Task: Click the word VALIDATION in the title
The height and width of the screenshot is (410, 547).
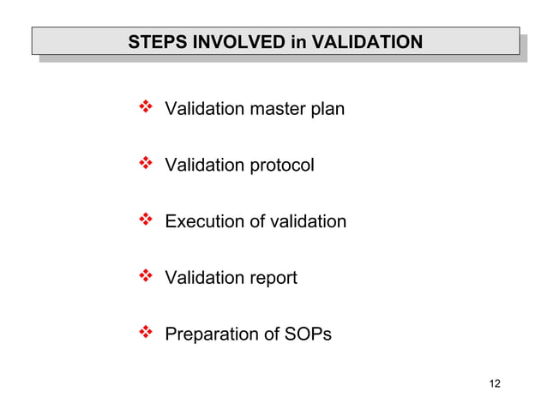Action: point(365,41)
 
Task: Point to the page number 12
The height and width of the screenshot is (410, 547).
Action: point(494,383)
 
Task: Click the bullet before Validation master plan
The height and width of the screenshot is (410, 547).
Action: point(144,108)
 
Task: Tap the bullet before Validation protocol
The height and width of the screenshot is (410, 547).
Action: point(144,164)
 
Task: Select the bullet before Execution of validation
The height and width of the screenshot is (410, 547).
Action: point(144,220)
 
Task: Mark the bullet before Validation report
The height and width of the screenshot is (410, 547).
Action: point(144,277)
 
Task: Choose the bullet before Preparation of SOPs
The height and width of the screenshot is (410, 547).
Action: point(144,333)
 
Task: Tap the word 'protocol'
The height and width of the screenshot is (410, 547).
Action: point(282,166)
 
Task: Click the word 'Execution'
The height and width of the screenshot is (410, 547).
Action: point(203,222)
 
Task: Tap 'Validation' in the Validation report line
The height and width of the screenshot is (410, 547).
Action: point(204,279)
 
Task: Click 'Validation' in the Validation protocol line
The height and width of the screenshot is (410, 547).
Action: point(204,166)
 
